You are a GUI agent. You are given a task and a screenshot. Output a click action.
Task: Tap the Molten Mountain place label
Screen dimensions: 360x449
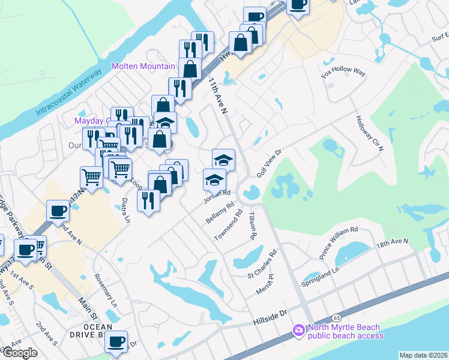click(x=144, y=65)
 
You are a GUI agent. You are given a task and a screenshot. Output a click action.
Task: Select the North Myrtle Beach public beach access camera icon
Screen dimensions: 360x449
click(x=298, y=331)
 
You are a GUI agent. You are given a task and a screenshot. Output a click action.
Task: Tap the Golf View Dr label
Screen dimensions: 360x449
click(x=270, y=160)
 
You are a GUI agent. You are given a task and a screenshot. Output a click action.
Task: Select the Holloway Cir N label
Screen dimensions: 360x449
click(x=369, y=134)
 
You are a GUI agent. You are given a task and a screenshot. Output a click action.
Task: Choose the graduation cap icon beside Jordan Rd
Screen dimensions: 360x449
click(x=214, y=179)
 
